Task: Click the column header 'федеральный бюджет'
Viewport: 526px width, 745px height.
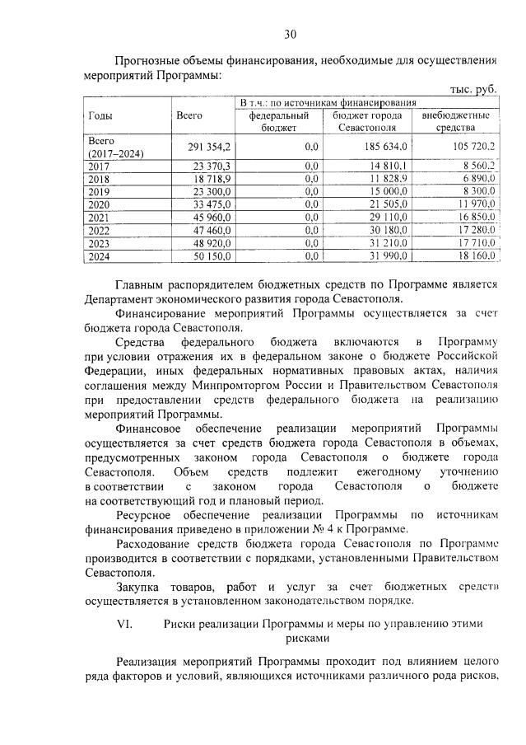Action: [x=277, y=122]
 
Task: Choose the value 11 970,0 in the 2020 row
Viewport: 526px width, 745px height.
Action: [x=474, y=204]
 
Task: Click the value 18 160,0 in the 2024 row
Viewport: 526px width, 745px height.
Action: [x=474, y=257]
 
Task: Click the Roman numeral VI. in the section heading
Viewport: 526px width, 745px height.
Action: [x=126, y=623]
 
